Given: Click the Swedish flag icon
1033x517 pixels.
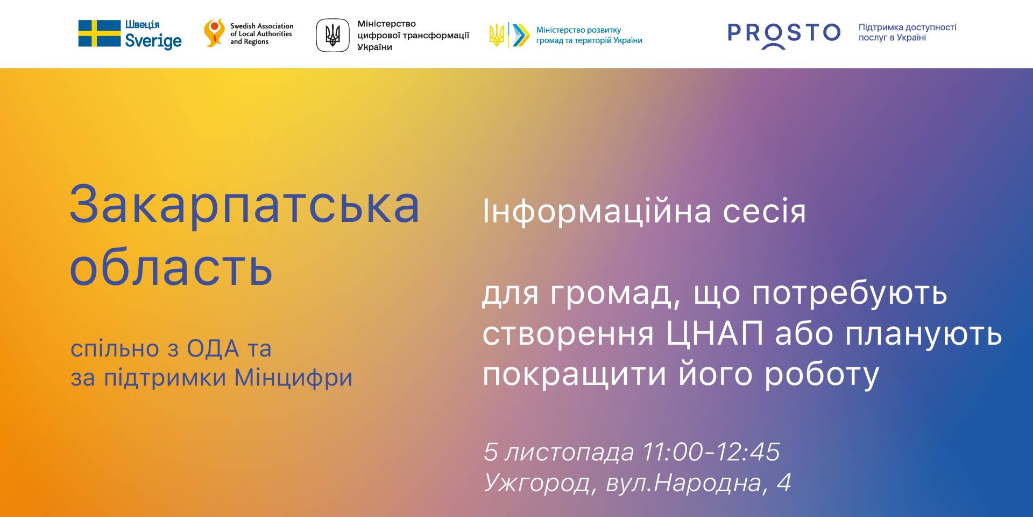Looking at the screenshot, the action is [x=100, y=33].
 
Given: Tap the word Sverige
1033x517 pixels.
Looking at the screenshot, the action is [x=153, y=41].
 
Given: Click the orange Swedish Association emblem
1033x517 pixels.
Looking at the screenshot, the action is [x=214, y=33].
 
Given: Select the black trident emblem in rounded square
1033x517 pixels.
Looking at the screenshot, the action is [x=332, y=35].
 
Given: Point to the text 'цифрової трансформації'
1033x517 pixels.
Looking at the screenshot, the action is [x=413, y=36].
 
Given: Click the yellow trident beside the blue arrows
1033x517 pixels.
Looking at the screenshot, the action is [x=497, y=35].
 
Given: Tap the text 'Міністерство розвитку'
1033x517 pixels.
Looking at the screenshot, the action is [x=578, y=30].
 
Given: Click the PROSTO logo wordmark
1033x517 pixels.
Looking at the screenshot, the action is [x=784, y=34].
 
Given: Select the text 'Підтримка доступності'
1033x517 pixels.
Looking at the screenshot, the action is [x=907, y=27].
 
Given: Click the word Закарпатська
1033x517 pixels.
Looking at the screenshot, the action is [x=245, y=205].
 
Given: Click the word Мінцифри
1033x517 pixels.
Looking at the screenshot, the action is [x=293, y=378].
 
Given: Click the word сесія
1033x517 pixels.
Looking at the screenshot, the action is [x=765, y=212].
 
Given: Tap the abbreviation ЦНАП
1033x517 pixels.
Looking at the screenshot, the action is [x=714, y=334].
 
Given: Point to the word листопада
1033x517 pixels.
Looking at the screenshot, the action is [x=569, y=453].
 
